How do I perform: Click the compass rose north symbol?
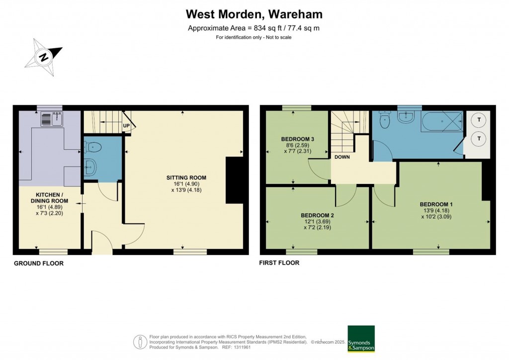point(44,57)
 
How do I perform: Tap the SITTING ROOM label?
point(186,178)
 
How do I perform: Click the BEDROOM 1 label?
point(436,204)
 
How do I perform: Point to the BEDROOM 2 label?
point(317,215)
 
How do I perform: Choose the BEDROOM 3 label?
point(297,139)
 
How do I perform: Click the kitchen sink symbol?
point(52,119)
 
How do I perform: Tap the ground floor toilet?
point(93,147)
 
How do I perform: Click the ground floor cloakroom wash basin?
point(89,168)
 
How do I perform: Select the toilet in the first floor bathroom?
point(385,120)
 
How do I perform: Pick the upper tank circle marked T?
point(479,120)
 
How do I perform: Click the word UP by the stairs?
point(126,126)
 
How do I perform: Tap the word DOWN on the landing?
point(342,157)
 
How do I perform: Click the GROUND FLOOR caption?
point(38,263)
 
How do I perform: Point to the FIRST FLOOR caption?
point(279,263)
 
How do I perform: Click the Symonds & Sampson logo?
point(361,339)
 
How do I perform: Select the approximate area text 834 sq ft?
point(254,28)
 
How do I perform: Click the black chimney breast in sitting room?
point(232,180)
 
